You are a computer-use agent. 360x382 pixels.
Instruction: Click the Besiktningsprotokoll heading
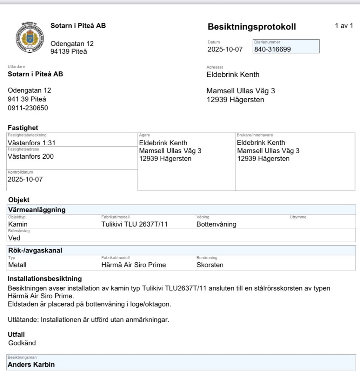tap(252, 27)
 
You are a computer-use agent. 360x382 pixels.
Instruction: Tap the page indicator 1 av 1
tap(344, 26)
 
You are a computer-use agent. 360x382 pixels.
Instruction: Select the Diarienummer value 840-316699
tap(273, 49)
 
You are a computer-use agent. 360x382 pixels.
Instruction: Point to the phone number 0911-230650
tap(28, 108)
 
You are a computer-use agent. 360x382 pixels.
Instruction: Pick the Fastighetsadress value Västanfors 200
tap(31, 156)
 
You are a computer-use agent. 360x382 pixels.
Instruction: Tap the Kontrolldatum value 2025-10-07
tap(25, 179)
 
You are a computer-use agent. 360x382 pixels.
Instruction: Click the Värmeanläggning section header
tap(37, 210)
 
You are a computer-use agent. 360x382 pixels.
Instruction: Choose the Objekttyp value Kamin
tap(18, 224)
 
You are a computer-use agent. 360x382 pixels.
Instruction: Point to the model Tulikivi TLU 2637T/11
tap(135, 224)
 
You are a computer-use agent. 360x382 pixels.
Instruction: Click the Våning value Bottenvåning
tap(216, 224)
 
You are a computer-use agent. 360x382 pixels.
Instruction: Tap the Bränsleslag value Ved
tap(14, 238)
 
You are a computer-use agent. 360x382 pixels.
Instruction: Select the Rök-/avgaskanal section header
tap(35, 251)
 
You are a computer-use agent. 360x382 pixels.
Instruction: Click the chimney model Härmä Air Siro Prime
tap(134, 265)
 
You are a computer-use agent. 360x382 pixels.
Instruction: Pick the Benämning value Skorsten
tap(210, 265)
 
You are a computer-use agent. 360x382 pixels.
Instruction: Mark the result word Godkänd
tap(22, 343)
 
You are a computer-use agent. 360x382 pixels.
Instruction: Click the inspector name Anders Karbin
tap(31, 364)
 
